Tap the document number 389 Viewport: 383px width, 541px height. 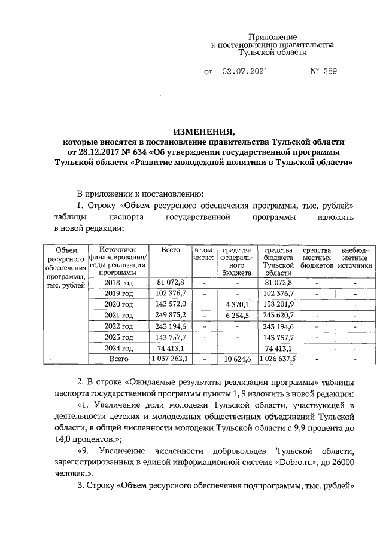(328, 72)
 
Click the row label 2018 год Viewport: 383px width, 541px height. (118, 282)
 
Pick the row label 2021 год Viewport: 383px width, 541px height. (118, 315)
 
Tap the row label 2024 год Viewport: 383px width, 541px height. (118, 348)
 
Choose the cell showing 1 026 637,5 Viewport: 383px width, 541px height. (278, 359)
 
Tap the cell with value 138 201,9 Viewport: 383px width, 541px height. (278, 304)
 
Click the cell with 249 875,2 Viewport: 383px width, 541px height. (171, 315)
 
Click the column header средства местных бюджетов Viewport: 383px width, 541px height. (317, 258)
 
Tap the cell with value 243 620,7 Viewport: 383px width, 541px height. (278, 315)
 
